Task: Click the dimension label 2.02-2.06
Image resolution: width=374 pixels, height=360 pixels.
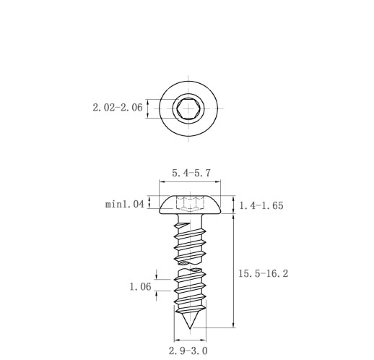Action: pos(118,108)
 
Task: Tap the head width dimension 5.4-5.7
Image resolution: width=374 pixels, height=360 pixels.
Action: pos(191,173)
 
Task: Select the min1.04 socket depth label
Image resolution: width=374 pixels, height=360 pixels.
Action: pos(125,205)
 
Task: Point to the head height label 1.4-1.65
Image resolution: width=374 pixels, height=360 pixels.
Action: pos(261,205)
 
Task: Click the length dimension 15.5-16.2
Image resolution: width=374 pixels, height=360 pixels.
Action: pos(263,274)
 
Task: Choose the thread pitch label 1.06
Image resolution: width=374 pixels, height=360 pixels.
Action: pos(141,287)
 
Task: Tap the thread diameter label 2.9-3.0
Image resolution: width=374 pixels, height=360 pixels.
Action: pos(188,351)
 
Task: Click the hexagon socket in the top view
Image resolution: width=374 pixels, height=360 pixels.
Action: pos(188,108)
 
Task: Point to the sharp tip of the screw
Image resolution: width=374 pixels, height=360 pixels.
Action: pos(190,328)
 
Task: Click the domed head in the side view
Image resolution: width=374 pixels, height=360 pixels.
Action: pos(190,205)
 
